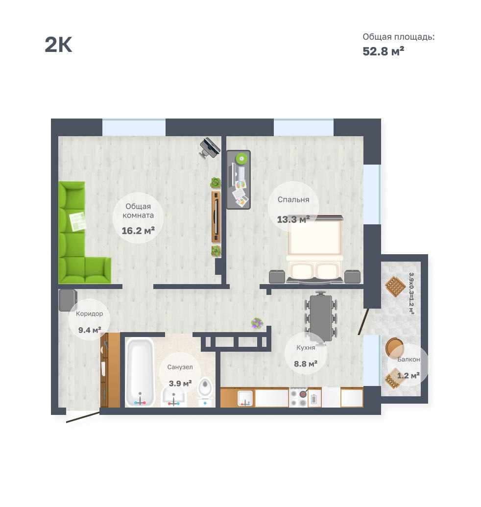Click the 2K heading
pyautogui.click(x=58, y=44)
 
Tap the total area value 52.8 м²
pyautogui.click(x=383, y=51)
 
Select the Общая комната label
pyautogui.click(x=138, y=211)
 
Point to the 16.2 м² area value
pyautogui.click(x=138, y=231)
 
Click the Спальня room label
pyautogui.click(x=293, y=199)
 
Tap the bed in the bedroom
pyautogui.click(x=314, y=249)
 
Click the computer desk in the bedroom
pyautogui.click(x=239, y=179)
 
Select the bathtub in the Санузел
pyautogui.click(x=140, y=372)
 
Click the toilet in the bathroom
pyautogui.click(x=205, y=392)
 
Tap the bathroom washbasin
pyautogui.click(x=173, y=397)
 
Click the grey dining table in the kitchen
pyautogui.click(x=321, y=316)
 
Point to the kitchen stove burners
pyautogui.click(x=298, y=398)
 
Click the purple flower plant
pyautogui.click(x=257, y=323)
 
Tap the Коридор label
pyautogui.click(x=89, y=314)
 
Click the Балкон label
pyautogui.click(x=409, y=359)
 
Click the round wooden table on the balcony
pyautogui.click(x=394, y=347)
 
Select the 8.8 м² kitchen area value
pyautogui.click(x=306, y=364)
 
